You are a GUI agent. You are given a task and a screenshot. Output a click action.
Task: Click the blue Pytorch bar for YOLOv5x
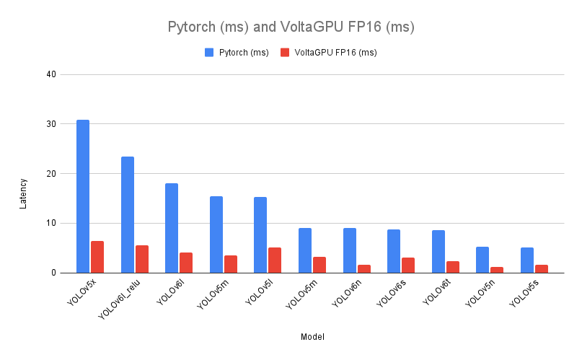click(x=83, y=196)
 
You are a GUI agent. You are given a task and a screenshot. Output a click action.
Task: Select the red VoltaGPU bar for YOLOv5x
click(x=97, y=257)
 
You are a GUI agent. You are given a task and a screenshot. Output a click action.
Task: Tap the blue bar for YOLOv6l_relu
click(x=128, y=214)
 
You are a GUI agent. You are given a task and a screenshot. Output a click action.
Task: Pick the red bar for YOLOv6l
click(x=186, y=263)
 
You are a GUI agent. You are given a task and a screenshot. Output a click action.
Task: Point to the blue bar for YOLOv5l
click(x=260, y=234)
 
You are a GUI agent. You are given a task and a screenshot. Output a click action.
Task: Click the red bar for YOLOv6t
click(x=452, y=267)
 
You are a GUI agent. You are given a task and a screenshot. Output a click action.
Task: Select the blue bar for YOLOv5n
click(x=482, y=260)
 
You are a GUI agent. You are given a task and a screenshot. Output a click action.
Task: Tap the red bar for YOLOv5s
click(x=541, y=268)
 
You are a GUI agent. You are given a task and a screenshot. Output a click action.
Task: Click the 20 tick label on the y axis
click(x=52, y=174)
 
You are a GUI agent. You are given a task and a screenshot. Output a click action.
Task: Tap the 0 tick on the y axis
click(x=54, y=273)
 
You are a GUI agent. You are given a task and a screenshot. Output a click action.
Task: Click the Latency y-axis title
click(x=23, y=193)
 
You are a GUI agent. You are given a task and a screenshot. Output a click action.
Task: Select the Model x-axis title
click(x=312, y=337)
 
